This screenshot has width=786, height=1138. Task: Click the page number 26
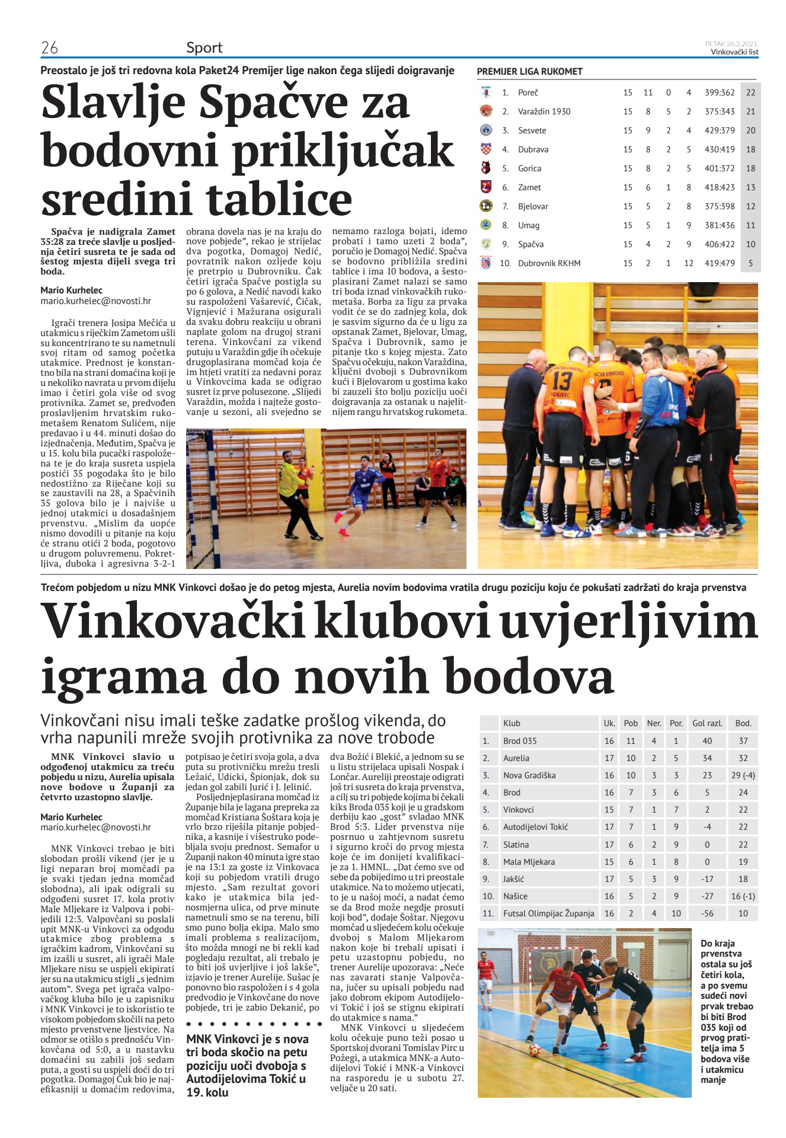point(49,47)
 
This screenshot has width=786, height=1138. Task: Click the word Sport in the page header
point(205,47)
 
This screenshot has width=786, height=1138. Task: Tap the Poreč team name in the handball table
point(528,92)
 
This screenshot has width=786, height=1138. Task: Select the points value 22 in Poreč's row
point(750,92)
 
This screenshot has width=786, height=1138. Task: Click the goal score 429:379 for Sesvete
point(719,130)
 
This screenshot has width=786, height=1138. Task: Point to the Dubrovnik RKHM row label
point(549,263)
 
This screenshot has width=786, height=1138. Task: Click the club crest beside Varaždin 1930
point(485,111)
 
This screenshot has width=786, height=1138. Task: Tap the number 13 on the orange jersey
point(562,380)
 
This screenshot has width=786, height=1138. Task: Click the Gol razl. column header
point(707,723)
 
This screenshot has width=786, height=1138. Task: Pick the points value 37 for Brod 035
point(743,741)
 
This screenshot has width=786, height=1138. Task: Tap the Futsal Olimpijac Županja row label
point(548,913)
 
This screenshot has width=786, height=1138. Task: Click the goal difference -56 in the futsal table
point(707,913)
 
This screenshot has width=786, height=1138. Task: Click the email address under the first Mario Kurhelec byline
point(95,301)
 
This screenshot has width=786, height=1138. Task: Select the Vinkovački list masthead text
point(734,52)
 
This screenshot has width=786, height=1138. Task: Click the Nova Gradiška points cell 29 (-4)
point(743,775)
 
